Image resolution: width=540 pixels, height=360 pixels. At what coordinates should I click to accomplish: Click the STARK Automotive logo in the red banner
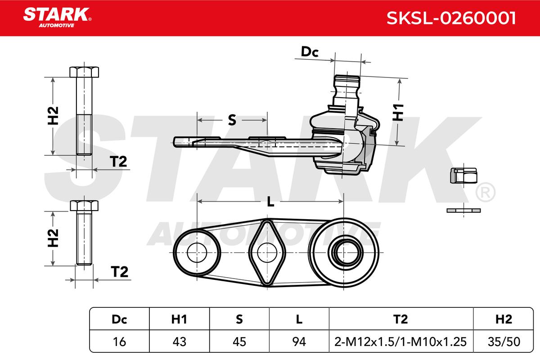[57, 18]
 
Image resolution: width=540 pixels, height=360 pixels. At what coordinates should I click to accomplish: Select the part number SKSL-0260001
[451, 18]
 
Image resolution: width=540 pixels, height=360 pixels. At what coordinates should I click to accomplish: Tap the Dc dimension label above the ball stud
[310, 52]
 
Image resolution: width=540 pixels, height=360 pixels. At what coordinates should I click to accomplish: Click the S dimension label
[232, 120]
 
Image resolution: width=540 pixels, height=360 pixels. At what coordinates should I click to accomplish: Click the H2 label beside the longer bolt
[53, 116]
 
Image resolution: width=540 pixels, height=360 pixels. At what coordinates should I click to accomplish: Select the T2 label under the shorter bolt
[119, 272]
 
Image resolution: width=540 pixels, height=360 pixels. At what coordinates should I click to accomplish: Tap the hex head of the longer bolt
[84, 72]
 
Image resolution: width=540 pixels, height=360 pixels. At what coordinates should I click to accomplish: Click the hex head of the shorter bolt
[84, 206]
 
